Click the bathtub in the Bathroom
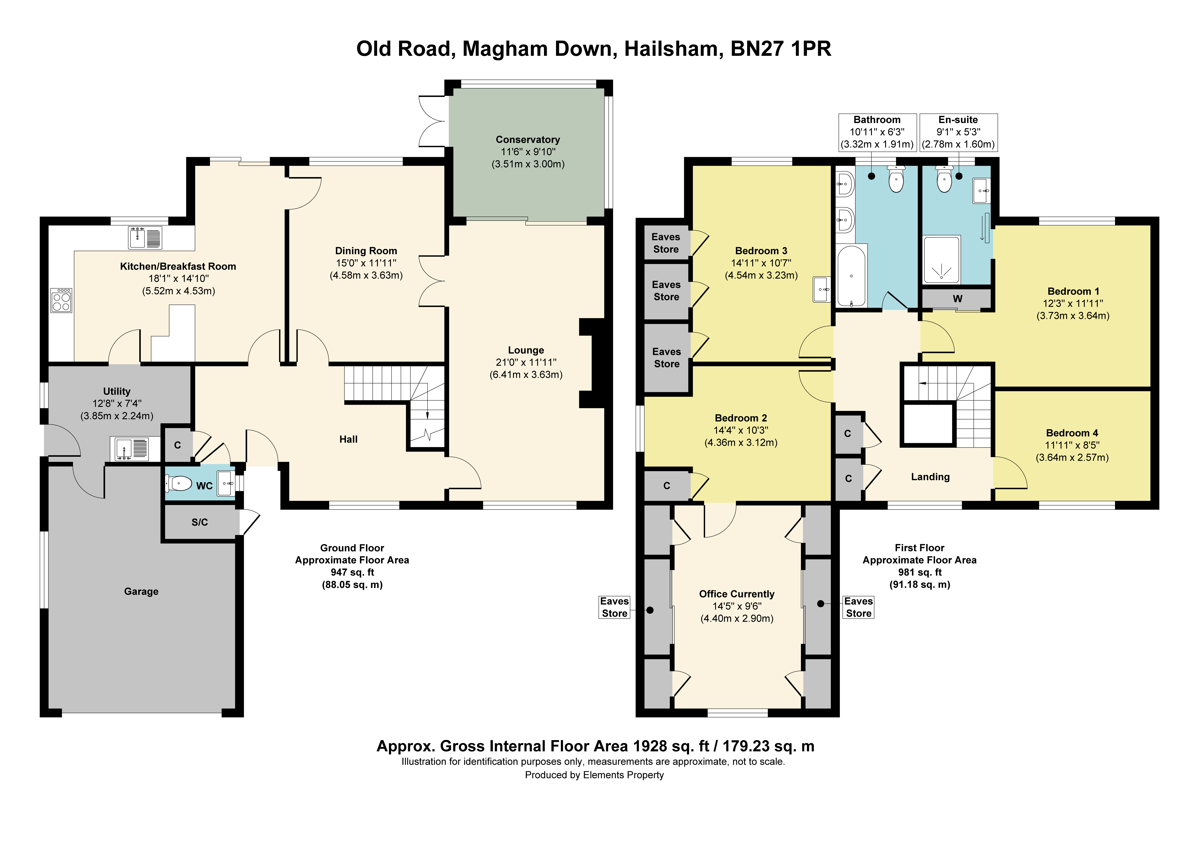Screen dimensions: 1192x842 click(851, 276)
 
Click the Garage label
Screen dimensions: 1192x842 click(141, 591)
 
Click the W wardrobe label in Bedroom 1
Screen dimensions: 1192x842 click(957, 298)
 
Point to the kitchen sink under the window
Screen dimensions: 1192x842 click(145, 238)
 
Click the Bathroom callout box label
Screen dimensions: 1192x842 click(877, 120)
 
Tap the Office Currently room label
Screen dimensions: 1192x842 click(737, 594)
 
